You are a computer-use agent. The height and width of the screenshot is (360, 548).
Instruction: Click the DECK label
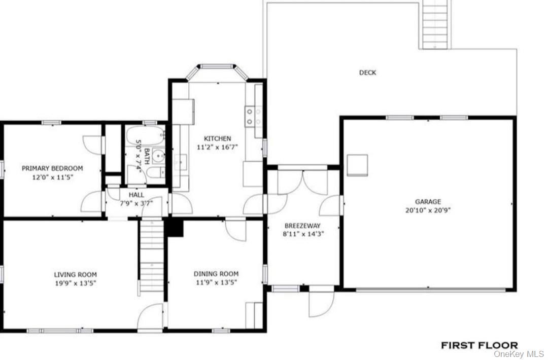coord(367,73)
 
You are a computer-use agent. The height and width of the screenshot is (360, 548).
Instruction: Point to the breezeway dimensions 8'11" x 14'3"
coord(303,234)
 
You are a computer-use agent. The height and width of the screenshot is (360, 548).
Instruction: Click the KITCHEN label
coord(217,138)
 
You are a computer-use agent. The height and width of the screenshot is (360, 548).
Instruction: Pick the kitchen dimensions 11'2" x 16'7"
coord(217,147)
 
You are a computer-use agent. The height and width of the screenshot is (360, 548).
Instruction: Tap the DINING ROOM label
coord(216,274)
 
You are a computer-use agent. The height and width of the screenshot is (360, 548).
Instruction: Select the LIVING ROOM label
coord(75,275)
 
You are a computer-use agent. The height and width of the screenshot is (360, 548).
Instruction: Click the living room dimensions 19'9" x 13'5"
coord(75,283)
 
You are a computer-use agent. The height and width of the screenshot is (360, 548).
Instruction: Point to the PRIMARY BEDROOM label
coord(52,168)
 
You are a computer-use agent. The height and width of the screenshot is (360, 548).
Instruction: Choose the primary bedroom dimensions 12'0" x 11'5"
coord(52,177)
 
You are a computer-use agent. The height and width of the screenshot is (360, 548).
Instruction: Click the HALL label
coord(136,195)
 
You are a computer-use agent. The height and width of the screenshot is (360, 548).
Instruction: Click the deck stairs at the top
coord(435,24)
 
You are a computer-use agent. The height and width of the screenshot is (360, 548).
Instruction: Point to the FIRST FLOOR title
coord(479,345)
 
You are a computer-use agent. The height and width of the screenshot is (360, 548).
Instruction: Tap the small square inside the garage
coord(358,165)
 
